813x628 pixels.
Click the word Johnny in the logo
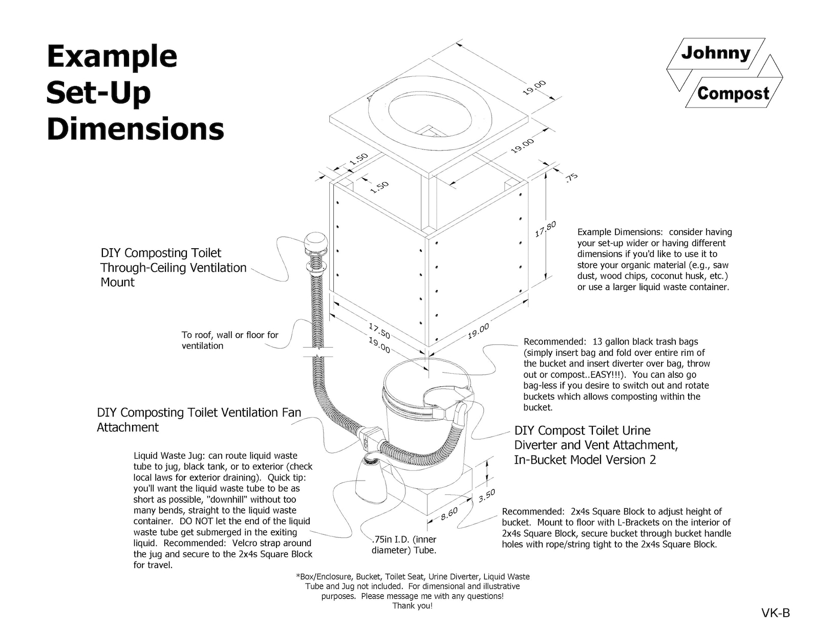click(715, 53)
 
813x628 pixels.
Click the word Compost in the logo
click(733, 94)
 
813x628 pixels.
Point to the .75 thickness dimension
click(571, 177)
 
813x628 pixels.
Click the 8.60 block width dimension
click(449, 513)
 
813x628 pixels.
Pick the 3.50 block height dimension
click(486, 496)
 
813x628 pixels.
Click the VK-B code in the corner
click(775, 613)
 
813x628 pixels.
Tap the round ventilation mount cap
click(315, 242)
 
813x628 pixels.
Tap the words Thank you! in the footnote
click(412, 606)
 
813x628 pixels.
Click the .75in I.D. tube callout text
click(404, 545)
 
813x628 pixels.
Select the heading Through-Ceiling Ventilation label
click(173, 267)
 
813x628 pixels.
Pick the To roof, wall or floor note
click(230, 340)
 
